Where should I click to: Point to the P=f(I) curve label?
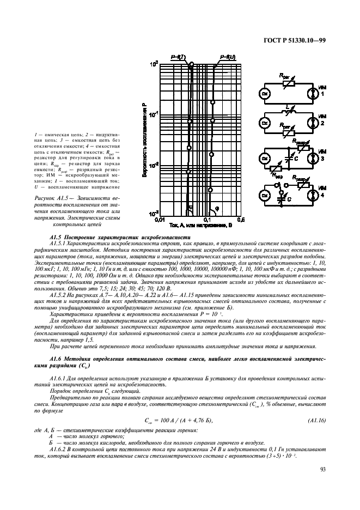(178, 57)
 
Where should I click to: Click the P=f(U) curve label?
(227, 57)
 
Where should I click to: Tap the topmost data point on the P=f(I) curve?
(191, 65)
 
